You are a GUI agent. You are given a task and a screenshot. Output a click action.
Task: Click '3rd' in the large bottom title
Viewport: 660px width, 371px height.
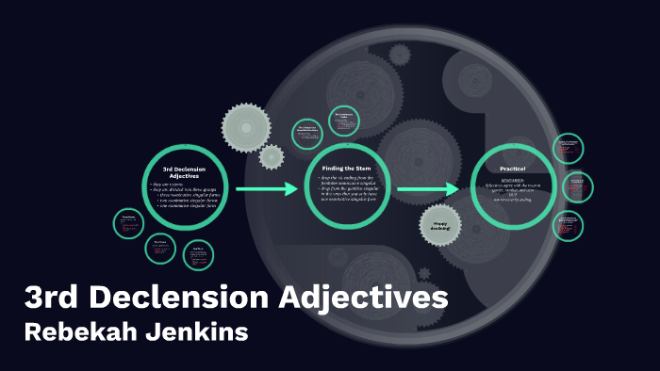click(55, 300)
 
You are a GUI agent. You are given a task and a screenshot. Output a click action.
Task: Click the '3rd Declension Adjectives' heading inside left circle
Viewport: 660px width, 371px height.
click(185, 172)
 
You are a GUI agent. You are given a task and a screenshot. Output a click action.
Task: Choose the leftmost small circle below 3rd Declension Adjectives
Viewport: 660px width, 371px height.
click(129, 224)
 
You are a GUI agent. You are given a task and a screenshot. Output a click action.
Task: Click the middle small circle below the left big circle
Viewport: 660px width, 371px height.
click(161, 249)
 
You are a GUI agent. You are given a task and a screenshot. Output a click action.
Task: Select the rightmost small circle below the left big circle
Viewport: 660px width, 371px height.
click(197, 255)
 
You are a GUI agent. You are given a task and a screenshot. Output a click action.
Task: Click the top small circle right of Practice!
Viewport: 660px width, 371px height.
click(567, 148)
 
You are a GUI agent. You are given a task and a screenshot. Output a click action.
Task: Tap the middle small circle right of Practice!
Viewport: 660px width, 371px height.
click(577, 186)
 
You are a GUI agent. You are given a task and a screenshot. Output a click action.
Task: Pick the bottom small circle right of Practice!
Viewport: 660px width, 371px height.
click(568, 225)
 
